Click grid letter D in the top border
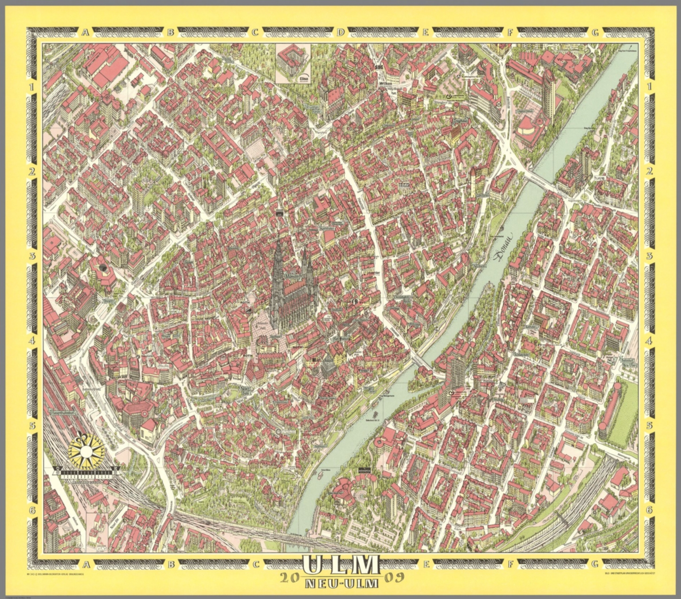click(340, 32)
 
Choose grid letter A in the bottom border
click(85, 564)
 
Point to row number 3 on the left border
click(32, 256)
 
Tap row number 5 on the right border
click(650, 426)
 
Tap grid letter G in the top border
click(595, 32)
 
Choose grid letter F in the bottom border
click(510, 564)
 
